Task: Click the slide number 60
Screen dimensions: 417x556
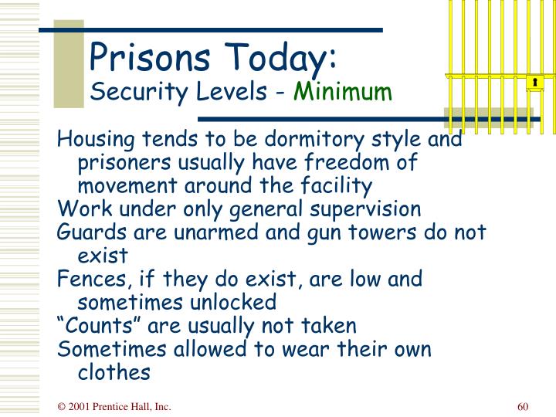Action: point(523,407)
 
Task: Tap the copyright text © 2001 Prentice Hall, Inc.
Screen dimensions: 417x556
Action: point(114,407)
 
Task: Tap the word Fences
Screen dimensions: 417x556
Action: point(86,279)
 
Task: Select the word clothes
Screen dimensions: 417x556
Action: point(114,371)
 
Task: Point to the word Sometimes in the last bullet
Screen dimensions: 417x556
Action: point(103,348)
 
